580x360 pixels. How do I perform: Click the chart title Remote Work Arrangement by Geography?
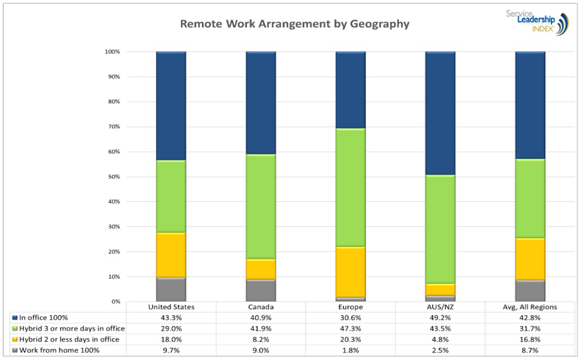(294, 24)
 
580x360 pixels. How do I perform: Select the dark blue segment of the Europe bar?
(350, 90)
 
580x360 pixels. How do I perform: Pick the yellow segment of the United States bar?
(171, 254)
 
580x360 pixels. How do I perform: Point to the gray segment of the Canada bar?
(260, 290)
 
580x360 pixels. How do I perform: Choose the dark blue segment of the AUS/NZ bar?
(440, 113)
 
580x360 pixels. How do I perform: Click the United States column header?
(171, 307)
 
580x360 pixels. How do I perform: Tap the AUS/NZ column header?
(440, 307)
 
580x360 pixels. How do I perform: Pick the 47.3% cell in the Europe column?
(350, 328)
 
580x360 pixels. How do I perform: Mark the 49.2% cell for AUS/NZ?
(440, 318)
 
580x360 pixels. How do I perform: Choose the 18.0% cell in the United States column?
(171, 339)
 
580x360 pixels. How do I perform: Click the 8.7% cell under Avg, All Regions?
(529, 350)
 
